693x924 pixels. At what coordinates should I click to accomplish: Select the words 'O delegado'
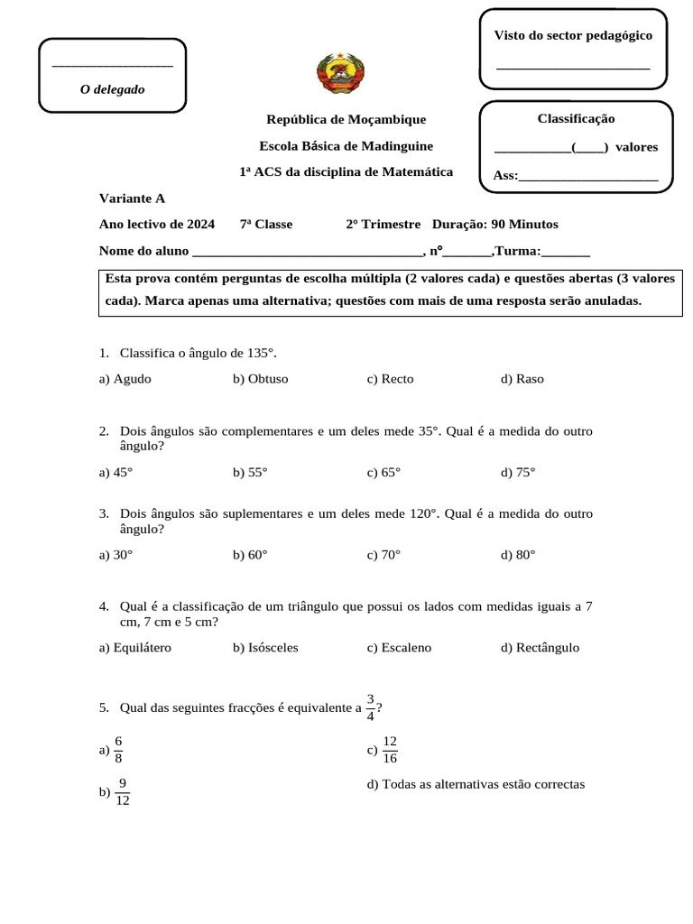[x=112, y=89]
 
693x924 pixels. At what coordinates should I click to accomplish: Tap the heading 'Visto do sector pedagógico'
[x=573, y=35]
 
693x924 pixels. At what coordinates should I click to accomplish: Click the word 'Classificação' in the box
[x=576, y=118]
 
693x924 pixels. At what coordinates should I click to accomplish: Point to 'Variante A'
[x=132, y=199]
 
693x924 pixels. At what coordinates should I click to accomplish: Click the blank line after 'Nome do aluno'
[x=307, y=252]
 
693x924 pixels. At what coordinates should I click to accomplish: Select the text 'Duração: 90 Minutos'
[x=495, y=224]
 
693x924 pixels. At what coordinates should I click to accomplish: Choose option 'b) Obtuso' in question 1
[x=260, y=379]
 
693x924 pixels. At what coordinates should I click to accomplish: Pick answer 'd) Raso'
[x=522, y=379]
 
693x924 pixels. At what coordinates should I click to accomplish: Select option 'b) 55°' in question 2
[x=250, y=472]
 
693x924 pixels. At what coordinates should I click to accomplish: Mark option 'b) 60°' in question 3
[x=250, y=555]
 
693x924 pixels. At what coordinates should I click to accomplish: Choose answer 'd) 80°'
[x=518, y=555]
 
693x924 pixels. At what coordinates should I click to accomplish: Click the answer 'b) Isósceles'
[x=265, y=648]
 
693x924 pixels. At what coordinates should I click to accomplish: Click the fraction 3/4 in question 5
[x=371, y=708]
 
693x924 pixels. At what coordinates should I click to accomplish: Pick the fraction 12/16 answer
[x=390, y=750]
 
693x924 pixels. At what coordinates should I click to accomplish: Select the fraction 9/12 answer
[x=123, y=792]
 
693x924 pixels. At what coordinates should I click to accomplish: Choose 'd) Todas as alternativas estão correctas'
[x=476, y=784]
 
